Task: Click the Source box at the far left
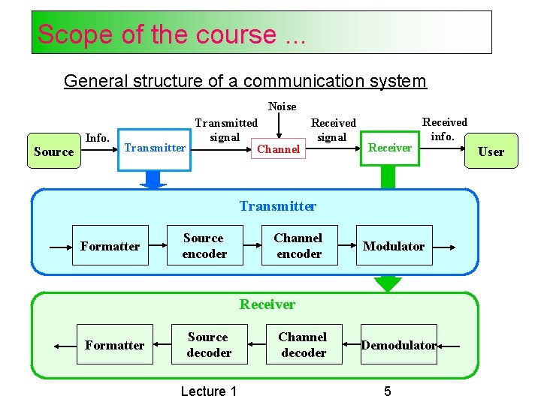(53, 151)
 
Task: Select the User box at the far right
(491, 151)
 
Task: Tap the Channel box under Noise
(278, 149)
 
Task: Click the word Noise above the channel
(282, 106)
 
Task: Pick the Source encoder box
(204, 246)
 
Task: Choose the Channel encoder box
(298, 246)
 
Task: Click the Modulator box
(394, 246)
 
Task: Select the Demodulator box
(398, 345)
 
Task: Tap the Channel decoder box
(303, 345)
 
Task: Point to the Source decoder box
(208, 345)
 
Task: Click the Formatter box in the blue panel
(110, 246)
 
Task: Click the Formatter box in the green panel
(114, 345)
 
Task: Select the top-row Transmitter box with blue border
(155, 148)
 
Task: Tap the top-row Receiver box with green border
(389, 148)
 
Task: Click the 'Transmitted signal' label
(225, 130)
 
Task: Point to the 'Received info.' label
(444, 129)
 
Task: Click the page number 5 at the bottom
(387, 391)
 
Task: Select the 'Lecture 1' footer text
(209, 391)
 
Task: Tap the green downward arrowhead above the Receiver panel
(388, 284)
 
